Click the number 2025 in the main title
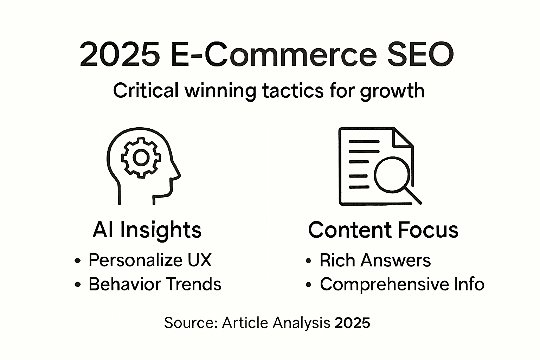120,54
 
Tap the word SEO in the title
421,54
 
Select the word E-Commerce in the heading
274,54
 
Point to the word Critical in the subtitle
146,90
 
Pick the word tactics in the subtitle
292,90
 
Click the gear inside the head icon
141,158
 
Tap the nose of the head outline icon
177,173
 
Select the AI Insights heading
147,230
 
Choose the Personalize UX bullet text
150,260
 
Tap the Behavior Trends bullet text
155,284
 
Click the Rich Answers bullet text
375,260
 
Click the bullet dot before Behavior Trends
77,284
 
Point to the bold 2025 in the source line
352,323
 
